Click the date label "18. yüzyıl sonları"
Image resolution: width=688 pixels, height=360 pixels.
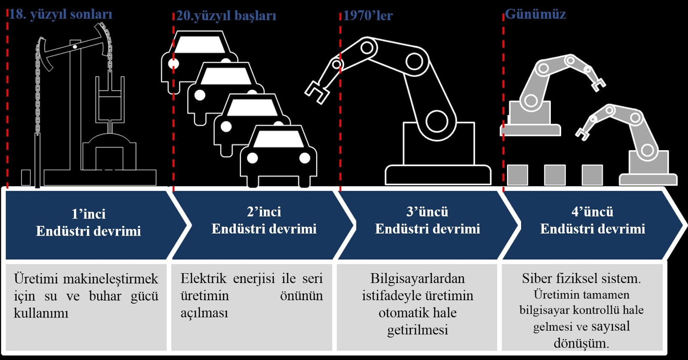(x=61, y=14)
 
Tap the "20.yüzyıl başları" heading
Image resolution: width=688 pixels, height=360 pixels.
(x=226, y=16)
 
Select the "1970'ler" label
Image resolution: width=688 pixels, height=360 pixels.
(x=368, y=16)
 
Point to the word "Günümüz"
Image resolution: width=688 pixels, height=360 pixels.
(x=535, y=14)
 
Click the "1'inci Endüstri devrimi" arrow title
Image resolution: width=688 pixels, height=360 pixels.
(x=89, y=223)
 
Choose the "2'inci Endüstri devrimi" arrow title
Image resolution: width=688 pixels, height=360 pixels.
(x=264, y=220)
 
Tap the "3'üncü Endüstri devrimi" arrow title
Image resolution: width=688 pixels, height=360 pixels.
(x=427, y=220)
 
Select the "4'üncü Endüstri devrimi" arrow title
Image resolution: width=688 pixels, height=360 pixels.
(x=593, y=220)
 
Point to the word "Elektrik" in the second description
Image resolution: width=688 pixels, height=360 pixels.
(x=203, y=279)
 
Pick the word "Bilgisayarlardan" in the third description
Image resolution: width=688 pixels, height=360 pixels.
(x=418, y=279)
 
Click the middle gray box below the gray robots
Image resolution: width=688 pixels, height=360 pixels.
(x=555, y=175)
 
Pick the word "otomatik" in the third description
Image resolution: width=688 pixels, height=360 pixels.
(x=398, y=313)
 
